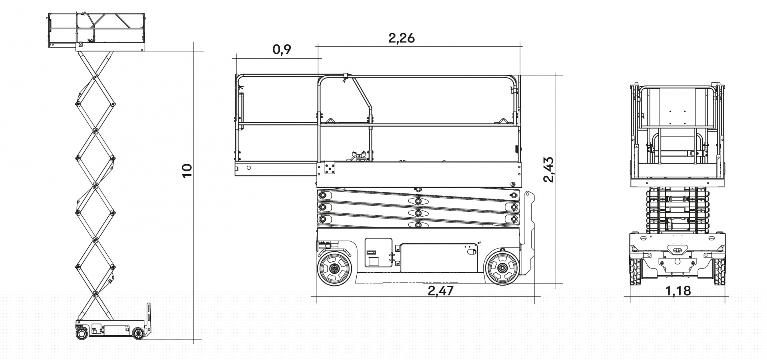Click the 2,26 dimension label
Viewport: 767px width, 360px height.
(401, 38)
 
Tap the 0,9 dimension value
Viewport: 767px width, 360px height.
(282, 50)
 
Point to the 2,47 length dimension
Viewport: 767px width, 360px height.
(441, 291)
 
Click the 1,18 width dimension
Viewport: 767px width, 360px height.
(678, 291)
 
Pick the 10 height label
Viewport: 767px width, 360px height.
(187, 171)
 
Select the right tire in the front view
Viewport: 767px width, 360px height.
(719, 271)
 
